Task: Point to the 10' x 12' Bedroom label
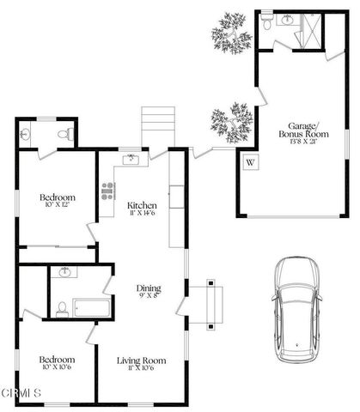[57, 201]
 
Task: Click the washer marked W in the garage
[251, 161]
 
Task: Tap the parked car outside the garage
[296, 309]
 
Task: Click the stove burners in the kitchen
[108, 191]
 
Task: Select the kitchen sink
[131, 159]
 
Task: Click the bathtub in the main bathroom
[88, 306]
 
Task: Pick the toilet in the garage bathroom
[267, 23]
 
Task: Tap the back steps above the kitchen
[158, 127]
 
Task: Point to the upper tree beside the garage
[231, 33]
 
